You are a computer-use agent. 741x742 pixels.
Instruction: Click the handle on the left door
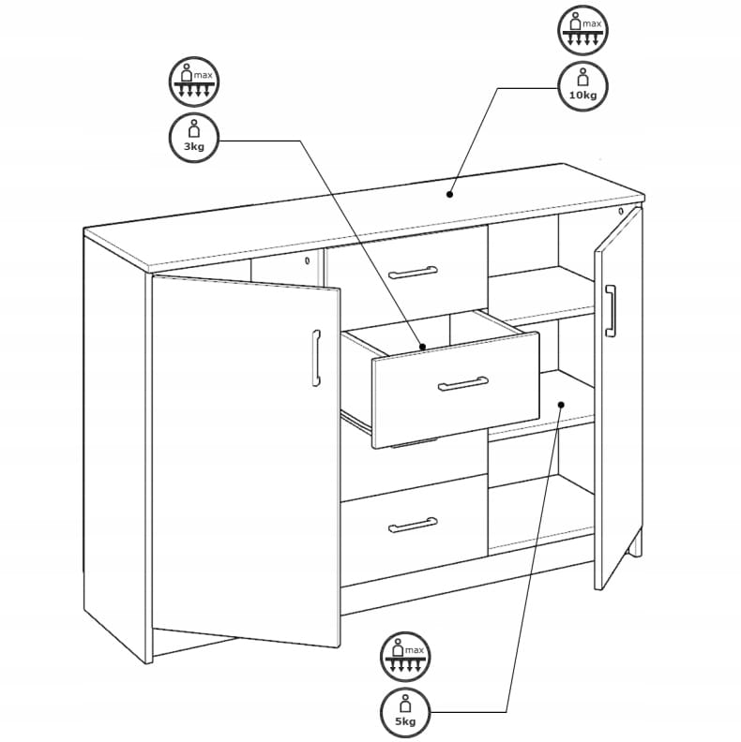tap(316, 358)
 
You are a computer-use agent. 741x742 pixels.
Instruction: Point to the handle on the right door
tap(611, 310)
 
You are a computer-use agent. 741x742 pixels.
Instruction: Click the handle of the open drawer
tap(462, 384)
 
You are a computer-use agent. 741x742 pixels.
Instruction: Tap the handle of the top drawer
tap(413, 273)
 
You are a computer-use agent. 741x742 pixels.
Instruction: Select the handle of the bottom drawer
tap(413, 525)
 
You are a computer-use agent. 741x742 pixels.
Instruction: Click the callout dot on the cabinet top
tap(449, 194)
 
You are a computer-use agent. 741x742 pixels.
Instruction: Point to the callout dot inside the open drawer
tap(423, 347)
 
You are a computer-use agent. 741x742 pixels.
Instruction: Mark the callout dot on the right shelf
tap(561, 405)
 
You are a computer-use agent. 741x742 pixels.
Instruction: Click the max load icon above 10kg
tap(582, 30)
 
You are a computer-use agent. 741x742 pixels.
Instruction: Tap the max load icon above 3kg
tap(194, 82)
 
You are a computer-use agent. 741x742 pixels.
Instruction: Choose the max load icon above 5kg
tap(405, 657)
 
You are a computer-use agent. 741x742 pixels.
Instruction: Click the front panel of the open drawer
tap(456, 390)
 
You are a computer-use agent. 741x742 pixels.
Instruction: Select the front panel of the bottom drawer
tap(414, 529)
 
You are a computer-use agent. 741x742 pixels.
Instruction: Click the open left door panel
tap(246, 461)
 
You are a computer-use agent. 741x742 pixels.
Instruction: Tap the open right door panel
tap(618, 397)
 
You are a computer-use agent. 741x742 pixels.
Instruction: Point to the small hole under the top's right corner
tap(621, 211)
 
